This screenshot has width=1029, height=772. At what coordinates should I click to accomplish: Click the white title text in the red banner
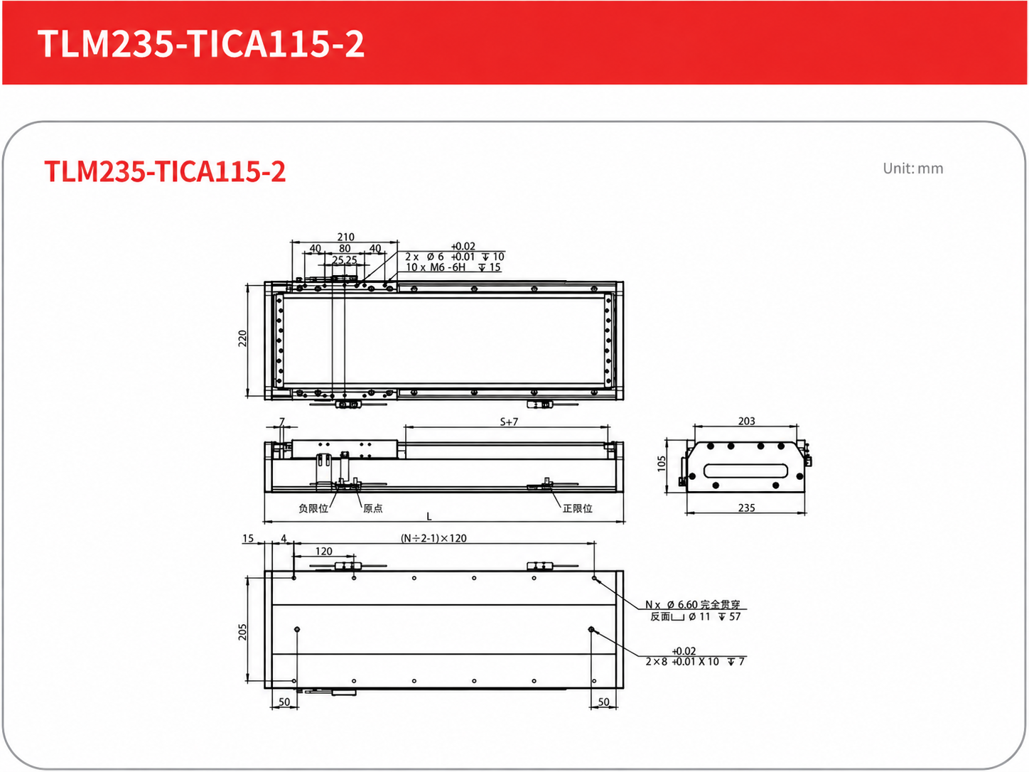pos(200,43)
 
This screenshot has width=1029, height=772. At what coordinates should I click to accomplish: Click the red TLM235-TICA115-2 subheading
pos(165,171)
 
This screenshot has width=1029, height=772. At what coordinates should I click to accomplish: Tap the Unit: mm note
pos(912,168)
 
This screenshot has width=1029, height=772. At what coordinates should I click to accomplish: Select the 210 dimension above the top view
pos(345,237)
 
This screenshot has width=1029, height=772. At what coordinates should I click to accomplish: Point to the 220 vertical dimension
pos(242,338)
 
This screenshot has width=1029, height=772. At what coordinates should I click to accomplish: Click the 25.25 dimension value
pos(345,259)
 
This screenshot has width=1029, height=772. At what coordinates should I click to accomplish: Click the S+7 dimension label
pos(509,422)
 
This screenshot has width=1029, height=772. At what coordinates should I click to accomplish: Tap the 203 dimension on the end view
pos(746,421)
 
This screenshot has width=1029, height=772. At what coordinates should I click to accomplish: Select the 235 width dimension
pos(746,508)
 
